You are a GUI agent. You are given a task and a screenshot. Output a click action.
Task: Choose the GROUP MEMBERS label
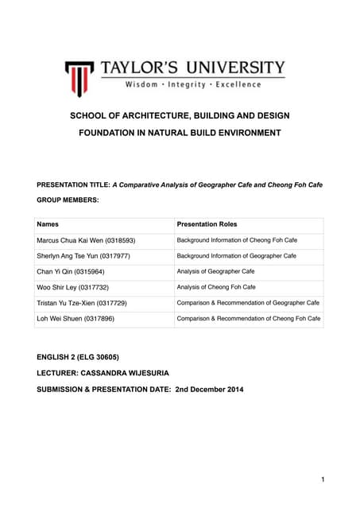point(68,200)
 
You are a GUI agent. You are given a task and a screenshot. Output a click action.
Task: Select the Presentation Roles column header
point(207,224)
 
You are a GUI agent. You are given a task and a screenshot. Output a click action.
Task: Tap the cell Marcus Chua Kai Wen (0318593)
point(86,240)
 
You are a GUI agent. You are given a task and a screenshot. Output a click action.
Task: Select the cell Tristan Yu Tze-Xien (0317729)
point(82,303)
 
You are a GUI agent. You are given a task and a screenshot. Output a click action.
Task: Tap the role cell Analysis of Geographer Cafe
point(215,271)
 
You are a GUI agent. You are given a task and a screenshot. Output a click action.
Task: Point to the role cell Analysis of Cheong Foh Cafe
point(216,287)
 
